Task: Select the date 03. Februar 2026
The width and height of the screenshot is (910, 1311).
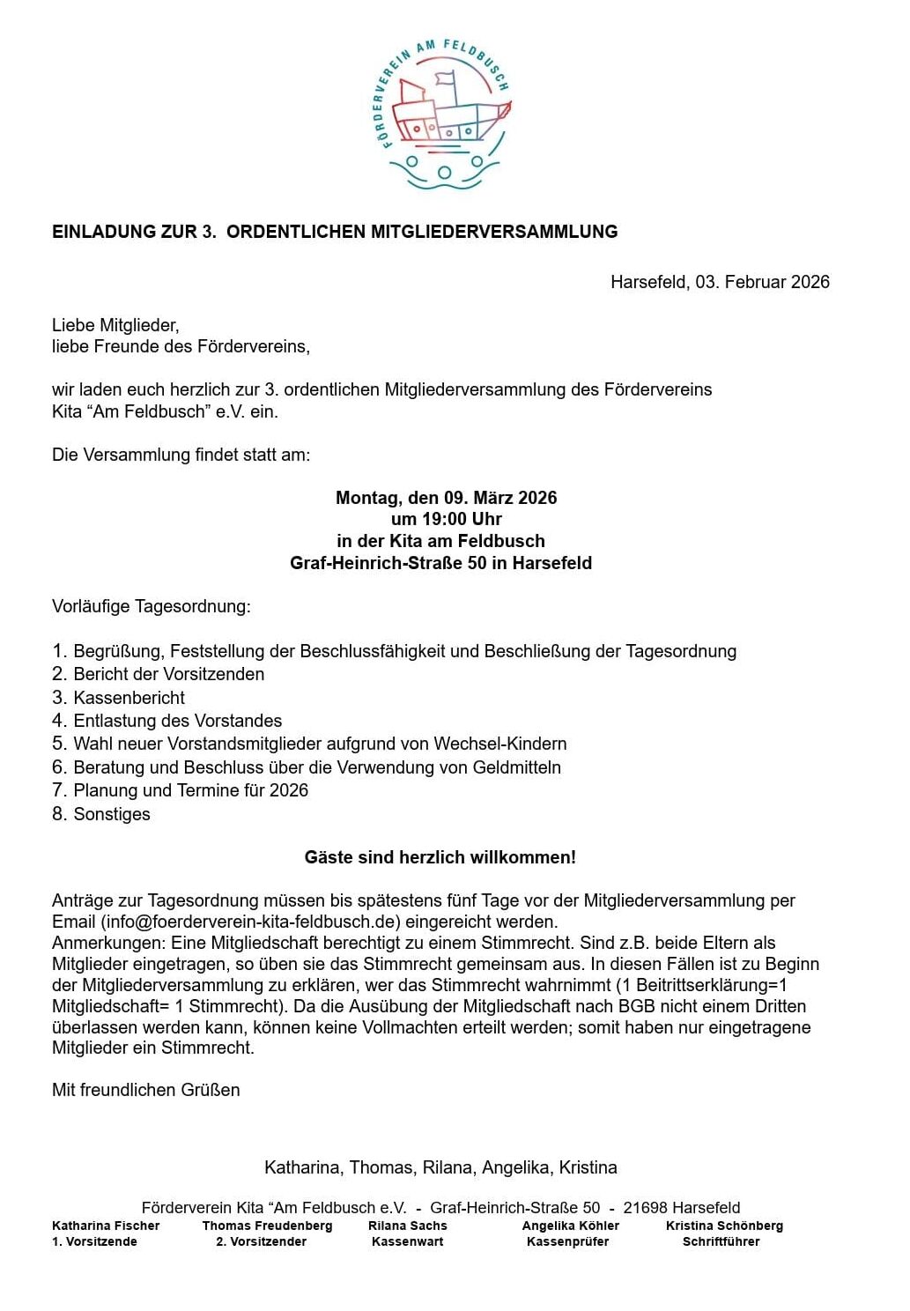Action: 762,282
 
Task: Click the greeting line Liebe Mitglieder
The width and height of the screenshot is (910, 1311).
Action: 115,325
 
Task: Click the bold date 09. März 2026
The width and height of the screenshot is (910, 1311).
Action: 500,498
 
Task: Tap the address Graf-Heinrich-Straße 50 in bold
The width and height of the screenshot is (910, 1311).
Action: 388,563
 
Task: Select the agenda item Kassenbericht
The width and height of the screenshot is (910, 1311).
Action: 129,698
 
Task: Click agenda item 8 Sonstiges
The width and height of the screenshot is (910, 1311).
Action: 111,814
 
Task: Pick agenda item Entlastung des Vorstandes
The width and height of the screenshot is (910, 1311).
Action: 177,721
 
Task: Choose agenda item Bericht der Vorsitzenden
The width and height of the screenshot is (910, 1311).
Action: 168,674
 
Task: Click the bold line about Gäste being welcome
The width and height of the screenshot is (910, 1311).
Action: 440,857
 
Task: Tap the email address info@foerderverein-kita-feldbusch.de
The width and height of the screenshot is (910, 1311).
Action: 251,922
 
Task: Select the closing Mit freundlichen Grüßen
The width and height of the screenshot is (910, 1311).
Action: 145,1090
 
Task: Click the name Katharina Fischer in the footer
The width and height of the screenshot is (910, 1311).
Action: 106,1226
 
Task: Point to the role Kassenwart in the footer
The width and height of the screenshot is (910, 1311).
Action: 407,1241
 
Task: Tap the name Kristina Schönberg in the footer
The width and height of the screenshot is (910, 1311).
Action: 724,1226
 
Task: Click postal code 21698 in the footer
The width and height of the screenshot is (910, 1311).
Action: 645,1208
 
